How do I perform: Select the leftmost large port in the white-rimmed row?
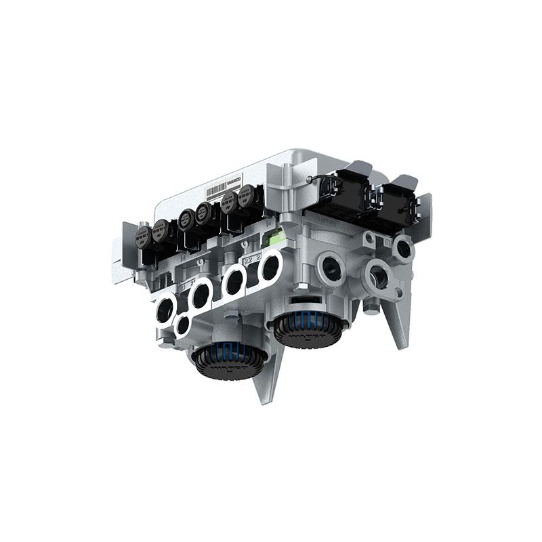click(165, 310)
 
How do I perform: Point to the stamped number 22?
click(248, 260)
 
